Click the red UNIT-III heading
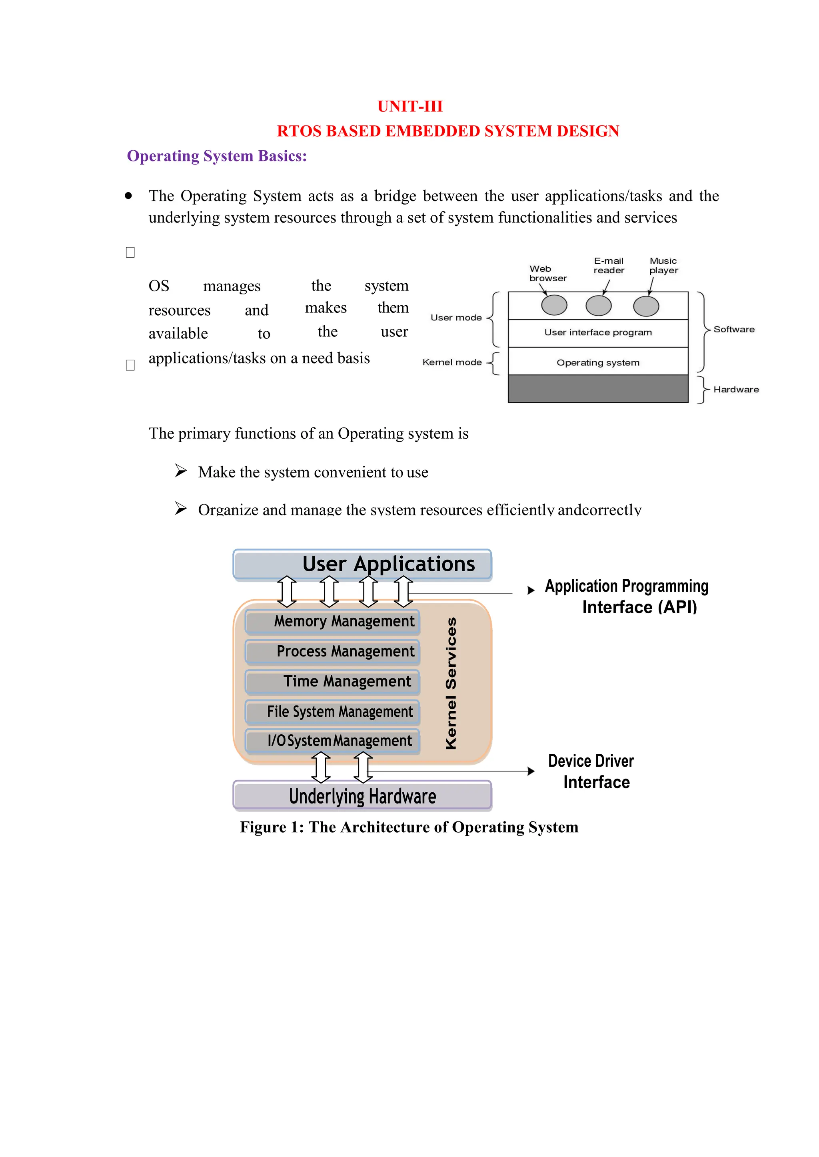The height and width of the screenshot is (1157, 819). (409, 106)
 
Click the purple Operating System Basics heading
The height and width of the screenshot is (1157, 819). (217, 156)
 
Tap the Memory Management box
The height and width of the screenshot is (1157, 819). (332, 621)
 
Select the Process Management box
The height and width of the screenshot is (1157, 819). (332, 652)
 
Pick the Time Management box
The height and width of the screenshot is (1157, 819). (332, 681)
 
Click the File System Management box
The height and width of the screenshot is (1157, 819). (332, 712)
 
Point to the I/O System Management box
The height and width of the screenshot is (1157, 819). (332, 741)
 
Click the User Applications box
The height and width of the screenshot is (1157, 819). (362, 564)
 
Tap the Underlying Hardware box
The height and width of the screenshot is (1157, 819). (362, 796)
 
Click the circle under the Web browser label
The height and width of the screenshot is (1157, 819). (554, 305)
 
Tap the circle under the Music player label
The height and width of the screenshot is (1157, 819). (645, 306)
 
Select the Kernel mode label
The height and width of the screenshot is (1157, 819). (452, 362)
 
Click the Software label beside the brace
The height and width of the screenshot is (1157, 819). (734, 330)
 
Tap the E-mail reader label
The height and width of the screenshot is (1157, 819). (609, 266)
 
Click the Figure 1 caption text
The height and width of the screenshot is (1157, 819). (409, 827)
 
